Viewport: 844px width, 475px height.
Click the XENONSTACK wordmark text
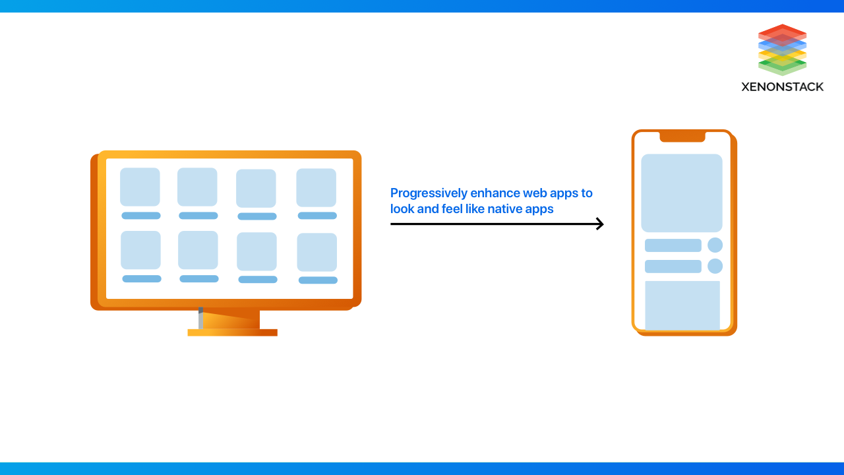click(x=782, y=87)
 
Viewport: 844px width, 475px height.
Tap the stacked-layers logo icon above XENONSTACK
click(x=782, y=49)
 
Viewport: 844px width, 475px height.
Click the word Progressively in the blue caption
click(x=429, y=194)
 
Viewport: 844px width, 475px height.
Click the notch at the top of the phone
click(x=682, y=137)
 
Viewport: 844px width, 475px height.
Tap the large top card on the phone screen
click(x=682, y=193)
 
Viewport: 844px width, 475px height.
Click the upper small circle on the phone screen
click(x=715, y=245)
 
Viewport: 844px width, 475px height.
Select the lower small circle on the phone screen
click(x=715, y=266)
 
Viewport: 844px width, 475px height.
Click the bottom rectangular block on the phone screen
click(x=682, y=305)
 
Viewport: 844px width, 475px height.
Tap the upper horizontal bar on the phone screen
click(x=673, y=245)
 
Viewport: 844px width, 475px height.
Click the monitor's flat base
click(x=233, y=332)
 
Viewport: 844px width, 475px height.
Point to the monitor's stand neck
click(x=229, y=319)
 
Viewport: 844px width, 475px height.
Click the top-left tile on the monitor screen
click(x=140, y=187)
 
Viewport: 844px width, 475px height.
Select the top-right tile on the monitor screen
click(x=316, y=188)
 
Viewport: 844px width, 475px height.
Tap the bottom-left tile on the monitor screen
click(x=140, y=250)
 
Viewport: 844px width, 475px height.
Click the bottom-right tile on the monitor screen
click(x=317, y=252)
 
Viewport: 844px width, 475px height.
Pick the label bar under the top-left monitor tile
click(x=141, y=216)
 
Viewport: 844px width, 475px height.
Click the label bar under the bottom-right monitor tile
click(x=318, y=280)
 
